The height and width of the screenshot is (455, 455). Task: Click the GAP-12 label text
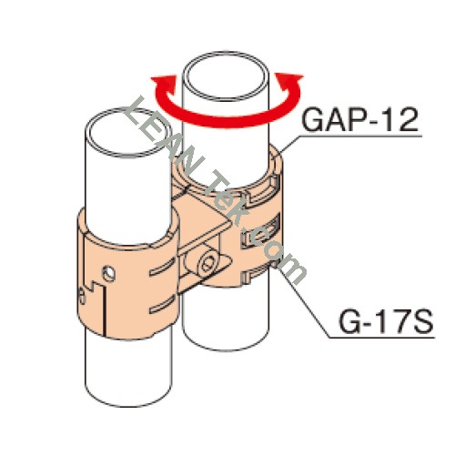pos(360,120)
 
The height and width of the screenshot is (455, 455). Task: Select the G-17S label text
pos(386,321)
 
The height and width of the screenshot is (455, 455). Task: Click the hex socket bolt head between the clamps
pos(209,262)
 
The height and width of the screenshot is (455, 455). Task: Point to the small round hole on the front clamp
pos(108,274)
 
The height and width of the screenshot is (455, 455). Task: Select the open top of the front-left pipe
pos(127,133)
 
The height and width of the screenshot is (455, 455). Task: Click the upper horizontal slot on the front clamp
pos(162,268)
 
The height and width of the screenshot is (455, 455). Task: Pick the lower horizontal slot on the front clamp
pos(162,304)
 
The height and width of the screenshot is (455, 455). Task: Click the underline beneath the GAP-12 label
pos(360,136)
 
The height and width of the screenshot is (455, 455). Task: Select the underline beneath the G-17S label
pos(381,337)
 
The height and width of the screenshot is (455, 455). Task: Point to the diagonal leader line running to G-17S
pos(304,302)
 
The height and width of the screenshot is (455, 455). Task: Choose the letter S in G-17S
pos(422,321)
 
